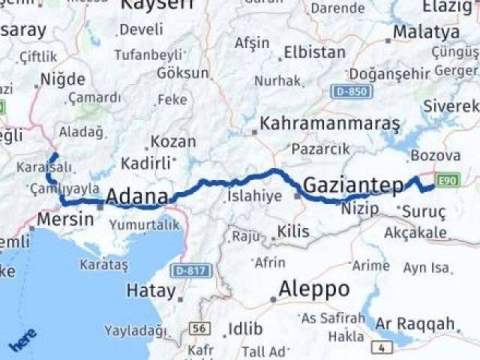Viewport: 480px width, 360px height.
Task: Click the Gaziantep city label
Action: click(x=353, y=184)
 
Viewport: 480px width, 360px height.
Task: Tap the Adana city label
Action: click(x=136, y=197)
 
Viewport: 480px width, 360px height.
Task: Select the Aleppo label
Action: click(x=313, y=289)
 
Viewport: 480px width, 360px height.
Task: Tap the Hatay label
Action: click(x=151, y=290)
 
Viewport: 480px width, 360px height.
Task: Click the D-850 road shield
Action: click(x=350, y=91)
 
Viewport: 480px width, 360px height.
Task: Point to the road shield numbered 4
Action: click(x=383, y=346)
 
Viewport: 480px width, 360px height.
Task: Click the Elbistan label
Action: click(x=314, y=53)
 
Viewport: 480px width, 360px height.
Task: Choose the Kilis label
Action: click(x=292, y=232)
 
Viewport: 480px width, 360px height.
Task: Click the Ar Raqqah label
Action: click(x=415, y=324)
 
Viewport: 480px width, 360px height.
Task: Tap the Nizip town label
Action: click(x=358, y=207)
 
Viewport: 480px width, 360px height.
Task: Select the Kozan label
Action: click(x=173, y=141)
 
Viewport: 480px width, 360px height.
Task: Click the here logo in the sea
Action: click(x=22, y=340)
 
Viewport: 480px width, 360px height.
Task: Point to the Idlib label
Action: click(x=245, y=328)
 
